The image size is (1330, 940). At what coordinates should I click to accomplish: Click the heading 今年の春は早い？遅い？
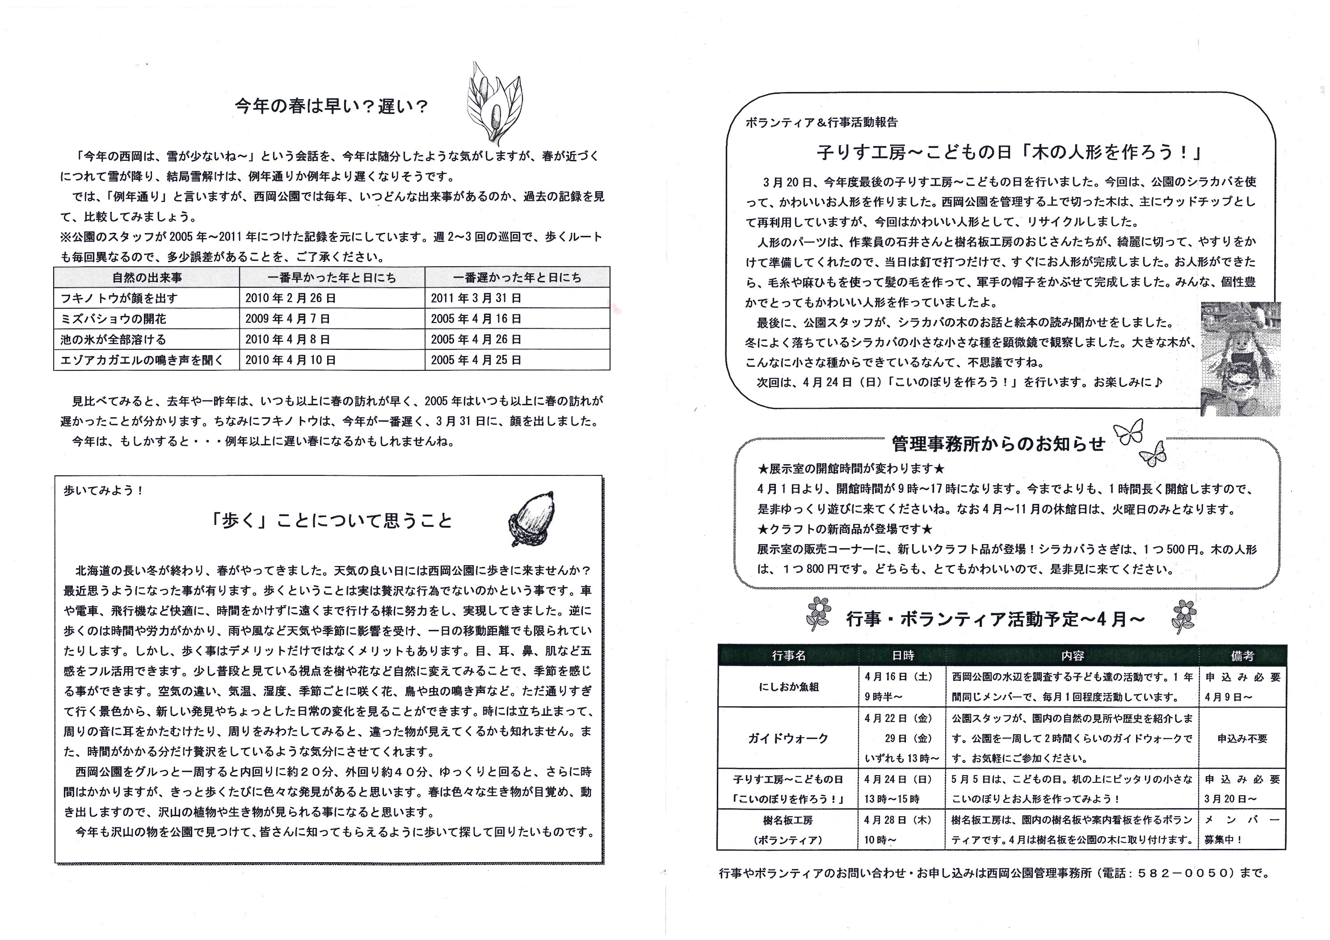(331, 107)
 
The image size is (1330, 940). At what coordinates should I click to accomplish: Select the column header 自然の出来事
(147, 278)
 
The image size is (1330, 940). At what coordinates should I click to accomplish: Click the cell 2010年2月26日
(290, 298)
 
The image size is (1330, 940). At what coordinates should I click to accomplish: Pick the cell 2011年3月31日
(476, 298)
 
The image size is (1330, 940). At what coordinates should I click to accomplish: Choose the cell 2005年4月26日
(476, 340)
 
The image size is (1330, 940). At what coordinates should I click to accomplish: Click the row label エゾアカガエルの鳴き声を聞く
(142, 360)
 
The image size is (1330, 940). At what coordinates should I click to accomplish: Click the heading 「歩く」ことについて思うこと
(331, 520)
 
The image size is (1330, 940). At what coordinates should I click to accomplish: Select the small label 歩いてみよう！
(104, 491)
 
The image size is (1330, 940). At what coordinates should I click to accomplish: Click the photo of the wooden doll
(1240, 358)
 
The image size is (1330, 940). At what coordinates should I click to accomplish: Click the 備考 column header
(1242, 655)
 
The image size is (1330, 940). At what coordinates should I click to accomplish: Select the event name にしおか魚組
(788, 687)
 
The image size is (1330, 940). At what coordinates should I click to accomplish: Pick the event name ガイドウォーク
(788, 739)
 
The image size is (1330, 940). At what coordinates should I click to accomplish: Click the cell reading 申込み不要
(1242, 739)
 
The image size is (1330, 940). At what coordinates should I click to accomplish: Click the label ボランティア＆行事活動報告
(821, 123)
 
